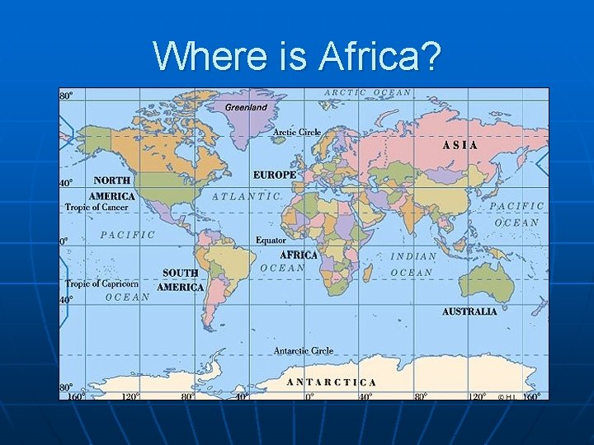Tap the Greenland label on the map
click(x=246, y=107)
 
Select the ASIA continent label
click(x=460, y=144)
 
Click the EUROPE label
click(x=275, y=175)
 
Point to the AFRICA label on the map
click(x=299, y=255)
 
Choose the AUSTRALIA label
click(x=469, y=311)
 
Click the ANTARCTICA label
click(x=332, y=382)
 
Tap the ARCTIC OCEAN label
click(x=368, y=93)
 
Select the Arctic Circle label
click(x=297, y=132)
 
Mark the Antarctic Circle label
click(x=304, y=350)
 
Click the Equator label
click(x=271, y=240)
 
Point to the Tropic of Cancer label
click(x=97, y=208)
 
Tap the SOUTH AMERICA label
click(x=180, y=280)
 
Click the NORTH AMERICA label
click(x=112, y=188)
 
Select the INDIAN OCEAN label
click(x=412, y=264)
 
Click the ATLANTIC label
click(x=247, y=196)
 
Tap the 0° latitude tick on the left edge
click(x=64, y=241)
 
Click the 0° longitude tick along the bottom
click(x=309, y=396)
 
